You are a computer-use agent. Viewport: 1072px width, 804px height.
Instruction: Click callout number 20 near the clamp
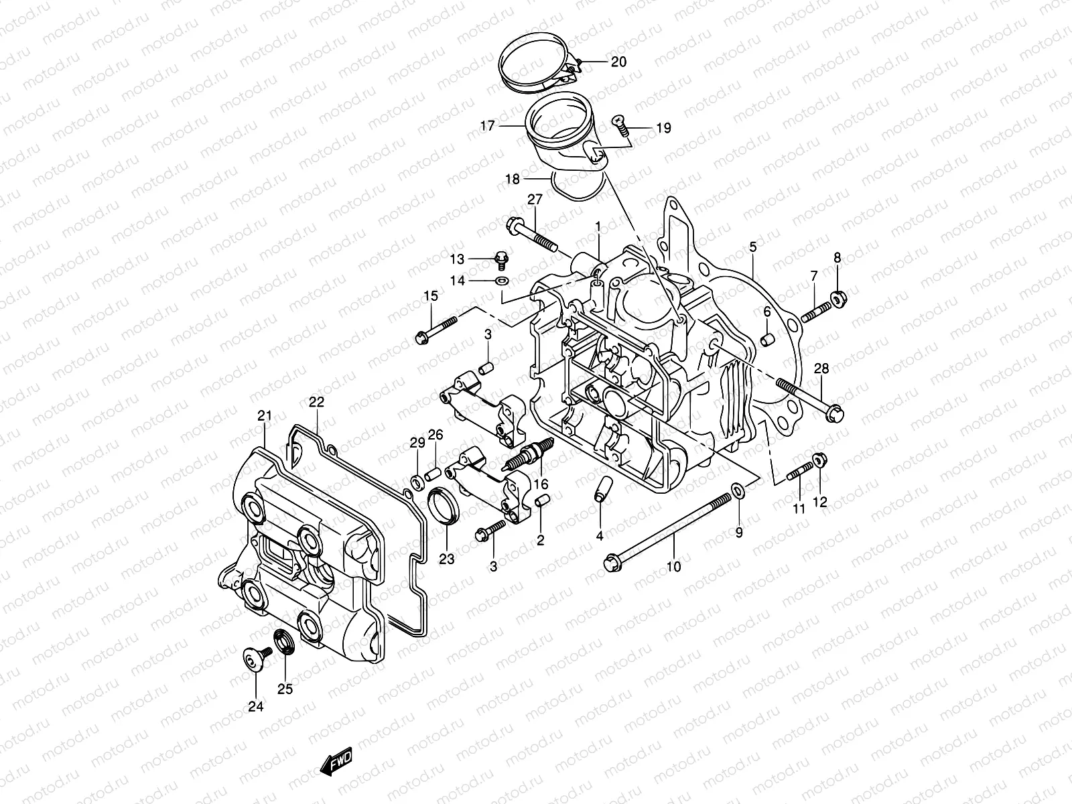click(x=618, y=62)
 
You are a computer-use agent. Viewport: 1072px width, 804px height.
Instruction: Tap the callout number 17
click(x=506, y=125)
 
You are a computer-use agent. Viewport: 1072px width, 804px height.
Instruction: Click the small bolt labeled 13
click(x=498, y=257)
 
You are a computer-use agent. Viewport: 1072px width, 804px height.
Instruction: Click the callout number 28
click(x=821, y=368)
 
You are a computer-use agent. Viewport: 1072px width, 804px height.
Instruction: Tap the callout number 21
click(x=265, y=416)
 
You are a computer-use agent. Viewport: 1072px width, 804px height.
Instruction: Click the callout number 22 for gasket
click(x=316, y=402)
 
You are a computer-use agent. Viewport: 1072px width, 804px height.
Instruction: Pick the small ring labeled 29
click(x=416, y=480)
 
